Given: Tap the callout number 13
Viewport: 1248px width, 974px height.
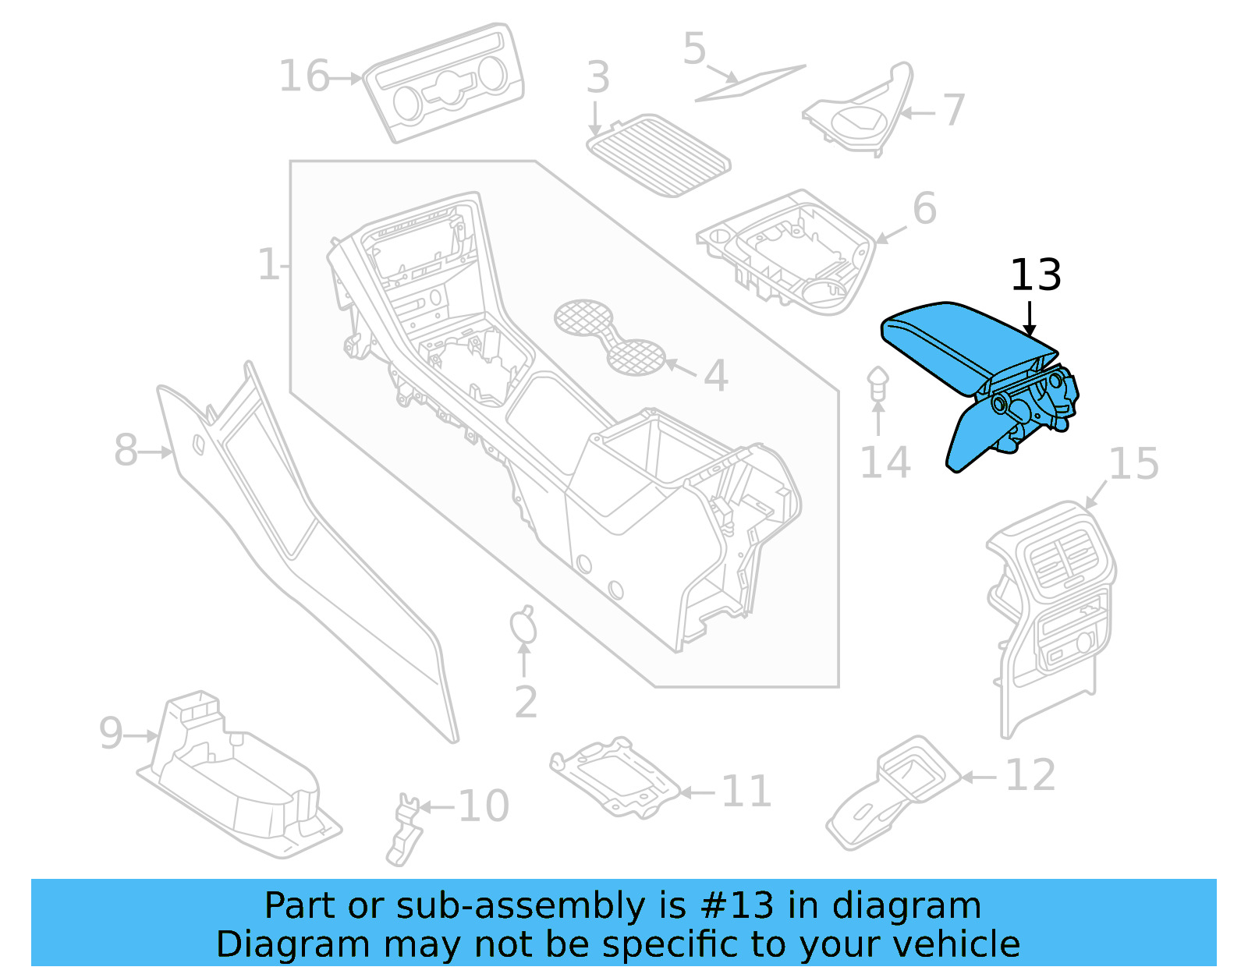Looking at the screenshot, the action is (x=1035, y=275).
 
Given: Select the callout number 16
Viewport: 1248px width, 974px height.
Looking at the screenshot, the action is (x=303, y=77).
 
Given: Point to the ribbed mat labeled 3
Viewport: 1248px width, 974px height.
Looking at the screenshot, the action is (x=660, y=155).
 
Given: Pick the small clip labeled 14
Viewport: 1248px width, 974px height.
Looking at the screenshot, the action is (x=877, y=383).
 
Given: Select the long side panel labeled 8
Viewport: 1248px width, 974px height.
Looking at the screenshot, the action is (x=304, y=546).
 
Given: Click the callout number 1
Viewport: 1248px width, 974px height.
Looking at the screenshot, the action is (x=268, y=265).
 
